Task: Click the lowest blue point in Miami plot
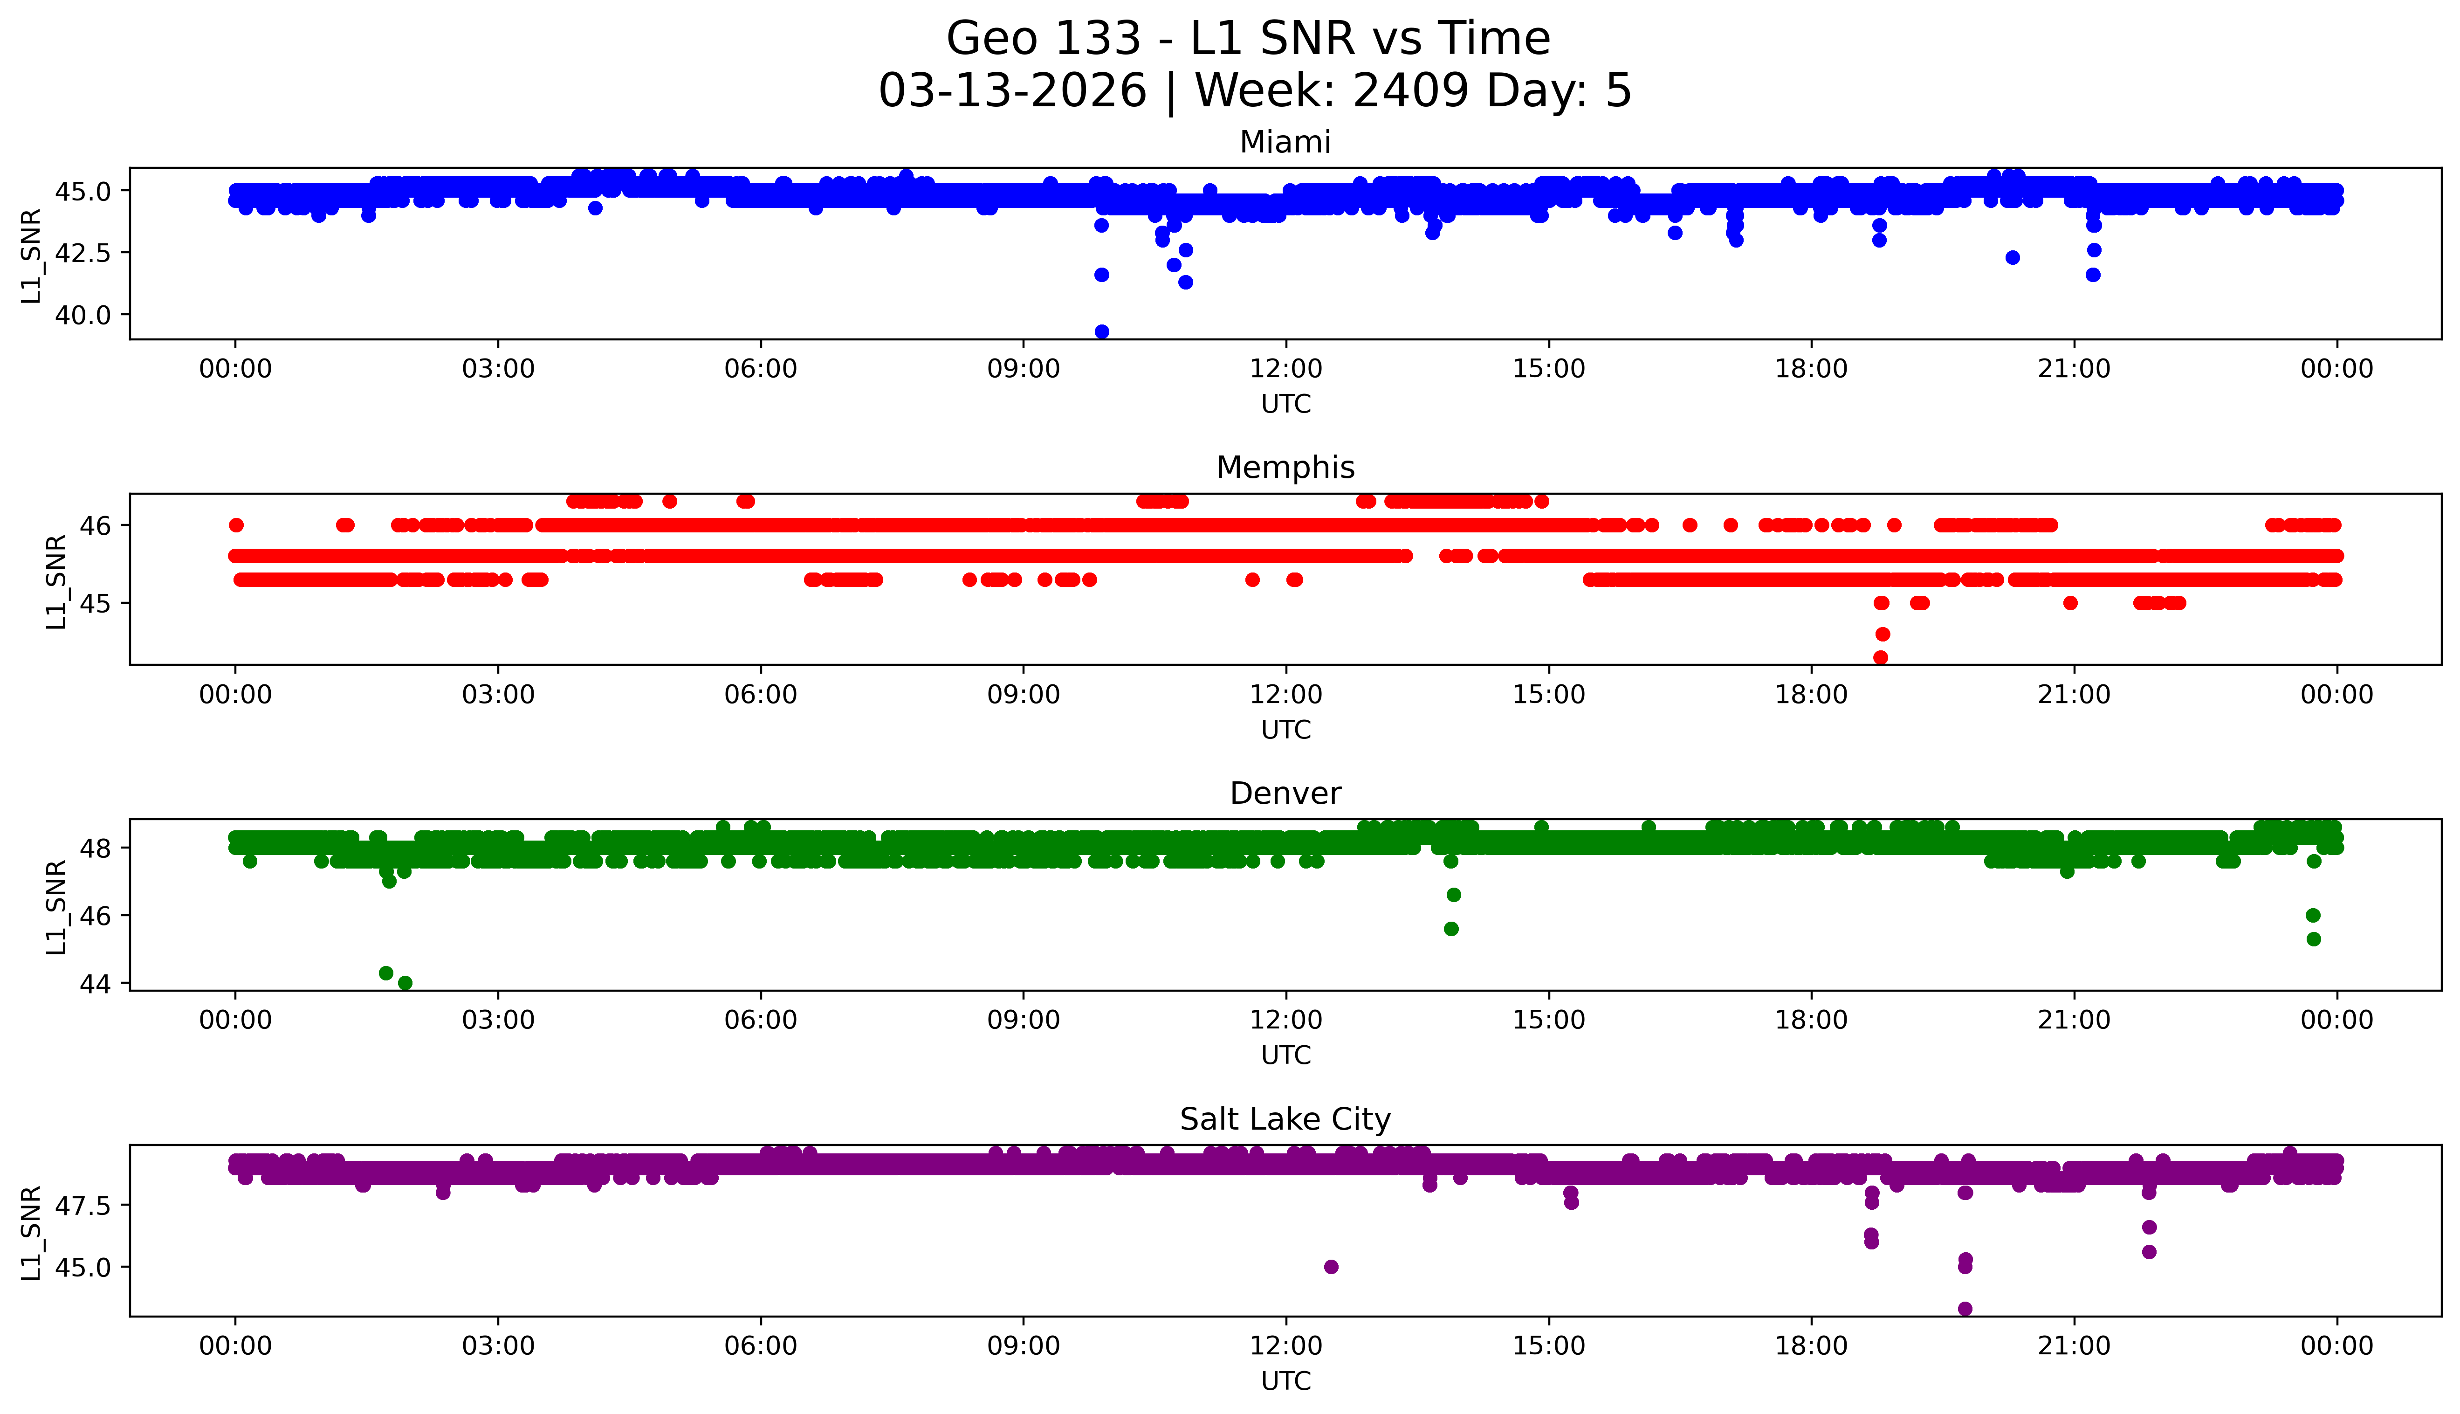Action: (1101, 332)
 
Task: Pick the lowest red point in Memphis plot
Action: (1881, 657)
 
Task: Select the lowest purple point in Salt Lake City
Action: (1965, 1309)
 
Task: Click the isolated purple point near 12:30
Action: (1331, 1266)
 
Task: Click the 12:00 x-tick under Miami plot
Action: (1285, 369)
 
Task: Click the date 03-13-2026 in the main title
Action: (1012, 91)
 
